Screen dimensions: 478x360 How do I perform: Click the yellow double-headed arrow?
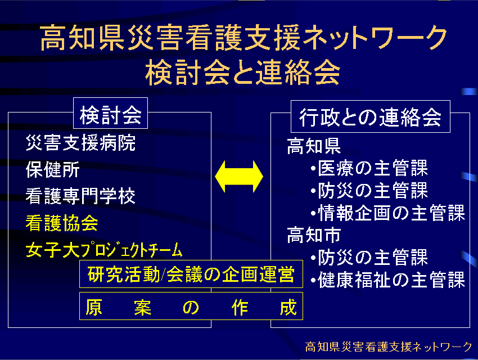click(x=239, y=176)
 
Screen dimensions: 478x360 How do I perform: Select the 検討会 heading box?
click(x=110, y=113)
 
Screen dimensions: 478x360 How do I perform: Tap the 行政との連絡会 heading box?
click(x=371, y=116)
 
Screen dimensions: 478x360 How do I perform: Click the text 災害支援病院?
click(x=81, y=143)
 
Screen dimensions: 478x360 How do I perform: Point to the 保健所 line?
click(x=53, y=169)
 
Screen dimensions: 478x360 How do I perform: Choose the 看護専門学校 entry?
click(x=80, y=196)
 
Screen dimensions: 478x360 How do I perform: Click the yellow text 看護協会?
click(x=62, y=223)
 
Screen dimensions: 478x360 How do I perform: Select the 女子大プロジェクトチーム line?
click(x=104, y=250)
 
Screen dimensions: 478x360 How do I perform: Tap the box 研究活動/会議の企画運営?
click(x=191, y=274)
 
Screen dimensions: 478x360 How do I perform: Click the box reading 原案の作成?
click(x=191, y=306)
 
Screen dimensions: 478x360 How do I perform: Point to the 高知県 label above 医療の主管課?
click(x=314, y=146)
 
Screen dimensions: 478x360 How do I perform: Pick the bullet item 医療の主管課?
click(x=369, y=168)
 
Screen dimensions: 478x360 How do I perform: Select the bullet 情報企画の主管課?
click(x=388, y=213)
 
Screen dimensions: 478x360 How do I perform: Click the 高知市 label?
click(x=314, y=235)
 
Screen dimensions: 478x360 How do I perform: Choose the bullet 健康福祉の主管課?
click(x=388, y=280)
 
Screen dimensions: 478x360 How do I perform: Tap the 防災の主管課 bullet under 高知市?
click(x=369, y=257)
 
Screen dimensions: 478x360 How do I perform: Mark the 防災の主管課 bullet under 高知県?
click(x=369, y=190)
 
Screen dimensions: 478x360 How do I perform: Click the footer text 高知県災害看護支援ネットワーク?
click(x=389, y=346)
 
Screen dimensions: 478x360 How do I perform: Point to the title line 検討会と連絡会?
click(x=243, y=73)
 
